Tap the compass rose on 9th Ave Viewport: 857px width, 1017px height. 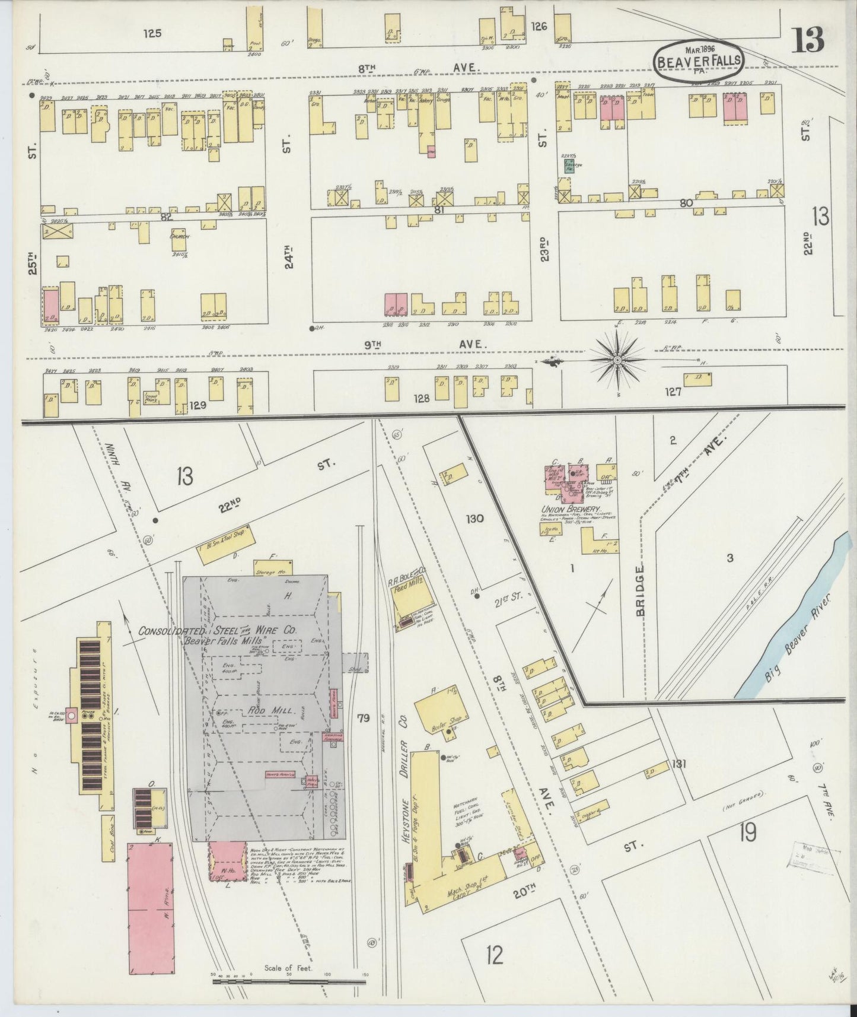pyautogui.click(x=617, y=360)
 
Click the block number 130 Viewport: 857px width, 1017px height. pyautogui.click(x=474, y=519)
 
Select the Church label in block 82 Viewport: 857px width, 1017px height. pyautogui.click(x=179, y=237)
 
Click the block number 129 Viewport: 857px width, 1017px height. pyautogui.click(x=197, y=405)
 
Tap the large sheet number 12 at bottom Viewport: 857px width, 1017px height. pyautogui.click(x=494, y=955)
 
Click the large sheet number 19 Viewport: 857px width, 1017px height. pyautogui.click(x=747, y=834)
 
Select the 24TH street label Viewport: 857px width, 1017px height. pyautogui.click(x=289, y=256)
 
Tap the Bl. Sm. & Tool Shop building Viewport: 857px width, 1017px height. pyautogui.click(x=226, y=537)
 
